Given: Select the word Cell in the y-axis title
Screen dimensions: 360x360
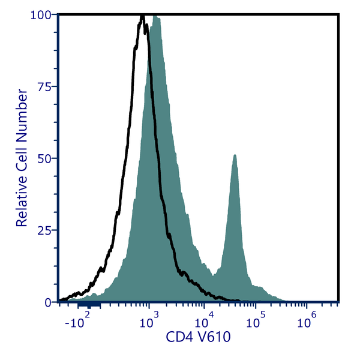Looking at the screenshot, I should pyautogui.click(x=22, y=149).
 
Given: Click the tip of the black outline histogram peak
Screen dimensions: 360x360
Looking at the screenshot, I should pyautogui.click(x=142, y=16).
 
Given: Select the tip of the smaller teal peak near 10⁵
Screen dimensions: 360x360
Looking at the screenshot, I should pyautogui.click(x=235, y=155).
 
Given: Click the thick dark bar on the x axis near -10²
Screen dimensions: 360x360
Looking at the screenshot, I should pyautogui.click(x=89, y=305).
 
